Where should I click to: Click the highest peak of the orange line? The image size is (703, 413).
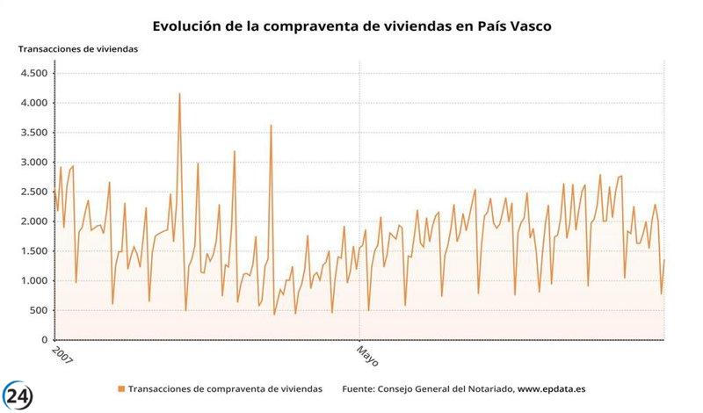[x=179, y=94]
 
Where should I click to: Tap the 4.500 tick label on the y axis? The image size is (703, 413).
[x=33, y=73]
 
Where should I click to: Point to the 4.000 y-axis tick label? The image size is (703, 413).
[x=33, y=103]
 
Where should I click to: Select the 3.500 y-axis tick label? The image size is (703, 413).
[x=33, y=133]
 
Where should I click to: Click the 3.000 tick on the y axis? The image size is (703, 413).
[x=33, y=163]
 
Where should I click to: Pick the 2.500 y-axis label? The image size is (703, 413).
[x=33, y=192]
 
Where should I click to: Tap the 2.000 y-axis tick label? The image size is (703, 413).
[x=33, y=221]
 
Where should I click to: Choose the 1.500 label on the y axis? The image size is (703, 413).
[x=33, y=251]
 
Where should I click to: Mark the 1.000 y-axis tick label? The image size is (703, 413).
[x=33, y=281]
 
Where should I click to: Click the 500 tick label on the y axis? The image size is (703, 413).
[x=39, y=310]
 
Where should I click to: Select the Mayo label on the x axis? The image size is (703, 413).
[x=366, y=356]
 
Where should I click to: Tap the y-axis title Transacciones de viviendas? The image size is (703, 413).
[x=78, y=48]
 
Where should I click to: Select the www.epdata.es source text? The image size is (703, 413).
[x=552, y=388]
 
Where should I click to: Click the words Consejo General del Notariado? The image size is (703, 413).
[x=444, y=388]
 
